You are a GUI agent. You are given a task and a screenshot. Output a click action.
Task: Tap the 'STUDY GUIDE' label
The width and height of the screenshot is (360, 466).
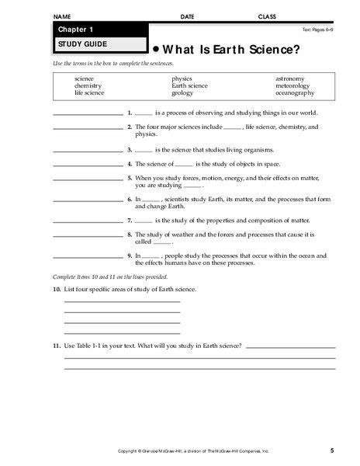(78, 44)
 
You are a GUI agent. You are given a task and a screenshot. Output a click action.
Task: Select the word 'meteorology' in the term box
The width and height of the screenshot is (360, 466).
(292, 85)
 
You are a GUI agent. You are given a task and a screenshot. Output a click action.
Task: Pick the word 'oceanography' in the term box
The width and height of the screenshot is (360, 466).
(294, 92)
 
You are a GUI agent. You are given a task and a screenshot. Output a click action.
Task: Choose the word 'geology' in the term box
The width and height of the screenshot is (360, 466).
(182, 92)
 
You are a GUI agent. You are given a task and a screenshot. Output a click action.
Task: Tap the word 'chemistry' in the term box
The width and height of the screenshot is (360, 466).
(88, 85)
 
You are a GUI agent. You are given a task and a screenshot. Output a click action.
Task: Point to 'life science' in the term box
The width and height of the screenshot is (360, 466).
(88, 92)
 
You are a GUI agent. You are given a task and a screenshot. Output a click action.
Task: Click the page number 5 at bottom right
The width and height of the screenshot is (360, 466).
(331, 450)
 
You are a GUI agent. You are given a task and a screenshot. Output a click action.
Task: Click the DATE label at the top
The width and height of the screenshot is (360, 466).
(188, 16)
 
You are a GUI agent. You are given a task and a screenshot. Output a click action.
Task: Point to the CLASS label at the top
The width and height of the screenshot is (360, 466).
(267, 16)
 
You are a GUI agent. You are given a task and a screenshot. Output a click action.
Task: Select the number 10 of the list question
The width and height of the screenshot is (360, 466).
(57, 289)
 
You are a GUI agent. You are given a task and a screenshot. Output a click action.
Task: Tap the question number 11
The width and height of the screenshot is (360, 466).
(57, 344)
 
